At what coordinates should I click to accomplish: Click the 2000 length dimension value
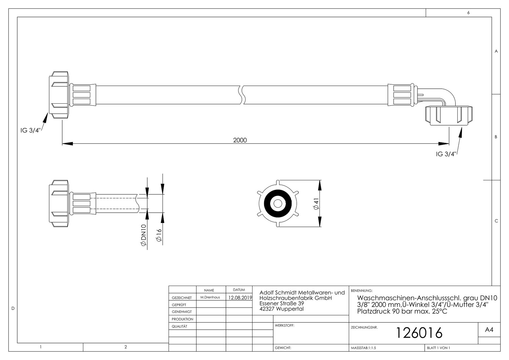240,140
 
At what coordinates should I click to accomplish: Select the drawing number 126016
419,333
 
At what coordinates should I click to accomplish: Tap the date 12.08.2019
240,298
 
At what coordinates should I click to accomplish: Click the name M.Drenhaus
210,297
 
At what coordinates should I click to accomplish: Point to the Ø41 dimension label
316,204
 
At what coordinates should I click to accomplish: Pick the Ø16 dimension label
159,235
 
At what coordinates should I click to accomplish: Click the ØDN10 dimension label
143,235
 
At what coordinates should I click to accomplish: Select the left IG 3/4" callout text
30,130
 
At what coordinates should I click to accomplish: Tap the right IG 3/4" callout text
446,154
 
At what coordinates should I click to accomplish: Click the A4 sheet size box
489,330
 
